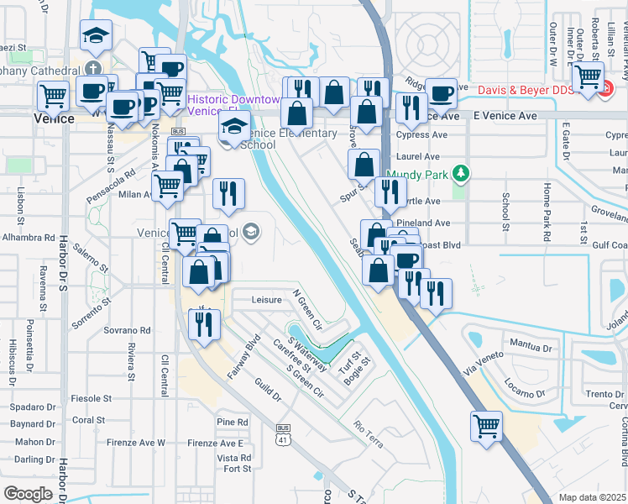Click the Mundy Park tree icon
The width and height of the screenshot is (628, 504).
pos(459,174)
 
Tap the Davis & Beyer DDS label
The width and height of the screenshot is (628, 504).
pos(526,90)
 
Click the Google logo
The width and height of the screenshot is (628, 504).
pos(29,493)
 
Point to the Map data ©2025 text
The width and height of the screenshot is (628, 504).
pos(592,497)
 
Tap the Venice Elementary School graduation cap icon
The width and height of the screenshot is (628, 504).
pos(234,128)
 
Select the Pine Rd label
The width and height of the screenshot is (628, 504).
pos(232,422)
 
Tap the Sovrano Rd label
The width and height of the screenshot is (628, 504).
pos(127,331)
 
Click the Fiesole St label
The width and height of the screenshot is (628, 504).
pos(91,398)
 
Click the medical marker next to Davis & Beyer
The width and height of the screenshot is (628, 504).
pos(589,76)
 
